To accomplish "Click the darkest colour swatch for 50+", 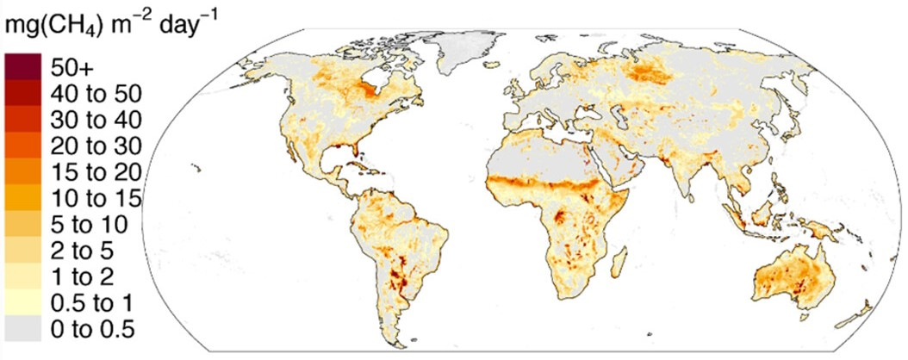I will (x=22, y=65).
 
